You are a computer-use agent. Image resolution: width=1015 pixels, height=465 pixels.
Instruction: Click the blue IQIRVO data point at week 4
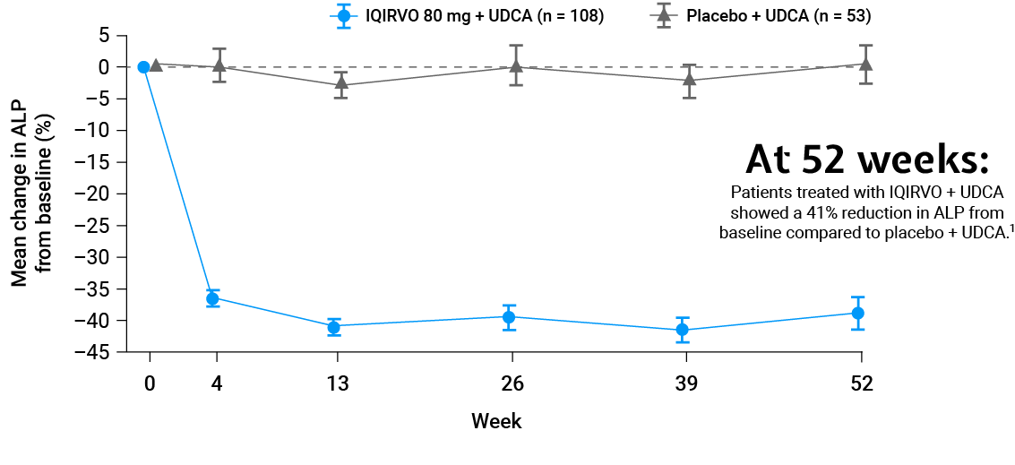(x=212, y=298)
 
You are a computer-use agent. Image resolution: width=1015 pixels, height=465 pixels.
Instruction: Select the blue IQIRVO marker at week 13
(x=334, y=326)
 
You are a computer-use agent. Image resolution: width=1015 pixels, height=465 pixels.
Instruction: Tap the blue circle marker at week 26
(x=509, y=317)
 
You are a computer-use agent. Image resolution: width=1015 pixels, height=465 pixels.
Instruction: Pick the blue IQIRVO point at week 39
(x=683, y=331)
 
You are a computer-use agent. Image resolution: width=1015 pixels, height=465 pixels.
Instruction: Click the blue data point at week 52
(x=858, y=314)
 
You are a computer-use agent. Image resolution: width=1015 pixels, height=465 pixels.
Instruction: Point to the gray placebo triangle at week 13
(x=341, y=83)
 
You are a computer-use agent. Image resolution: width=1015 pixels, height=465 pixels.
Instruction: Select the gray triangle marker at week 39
(x=690, y=79)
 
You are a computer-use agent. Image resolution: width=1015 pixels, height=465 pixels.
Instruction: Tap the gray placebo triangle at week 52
(x=865, y=65)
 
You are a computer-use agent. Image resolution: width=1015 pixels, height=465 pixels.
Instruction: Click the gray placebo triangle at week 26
(x=516, y=65)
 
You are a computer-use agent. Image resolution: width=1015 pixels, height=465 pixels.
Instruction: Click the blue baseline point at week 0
(x=143, y=66)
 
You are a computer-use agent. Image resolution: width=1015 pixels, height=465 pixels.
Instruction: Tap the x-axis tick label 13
(x=337, y=384)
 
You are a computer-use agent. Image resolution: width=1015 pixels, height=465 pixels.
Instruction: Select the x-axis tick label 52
(x=862, y=384)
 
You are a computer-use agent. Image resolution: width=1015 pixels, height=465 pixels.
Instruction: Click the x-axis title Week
(x=496, y=421)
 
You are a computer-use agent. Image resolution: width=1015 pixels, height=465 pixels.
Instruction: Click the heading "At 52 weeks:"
(x=868, y=159)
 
